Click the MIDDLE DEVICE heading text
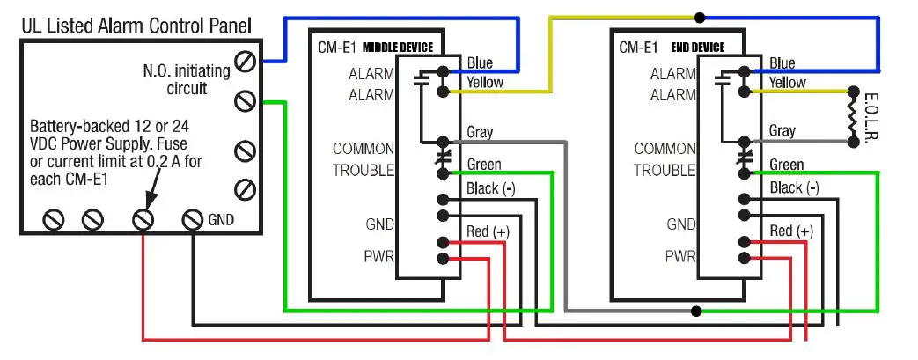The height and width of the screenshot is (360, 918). pyautogui.click(x=399, y=48)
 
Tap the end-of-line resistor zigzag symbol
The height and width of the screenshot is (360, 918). pyautogui.click(x=851, y=114)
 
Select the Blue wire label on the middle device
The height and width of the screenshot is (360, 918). pyautogui.click(x=480, y=63)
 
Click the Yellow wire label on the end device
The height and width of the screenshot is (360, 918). pyautogui.click(x=788, y=83)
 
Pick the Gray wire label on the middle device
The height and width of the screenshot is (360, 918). pyautogui.click(x=480, y=133)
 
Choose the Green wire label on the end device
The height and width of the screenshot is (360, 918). pyautogui.click(x=786, y=165)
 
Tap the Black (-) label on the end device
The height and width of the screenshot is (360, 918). pyautogui.click(x=793, y=187)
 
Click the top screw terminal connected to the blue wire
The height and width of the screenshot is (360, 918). pyautogui.click(x=246, y=62)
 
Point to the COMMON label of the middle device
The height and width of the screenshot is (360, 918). pyautogui.click(x=363, y=149)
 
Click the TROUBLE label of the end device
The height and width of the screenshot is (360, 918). pyautogui.click(x=665, y=171)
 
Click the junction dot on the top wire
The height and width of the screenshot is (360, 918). pyautogui.click(x=700, y=17)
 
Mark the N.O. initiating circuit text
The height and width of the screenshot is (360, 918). pyautogui.click(x=186, y=78)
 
